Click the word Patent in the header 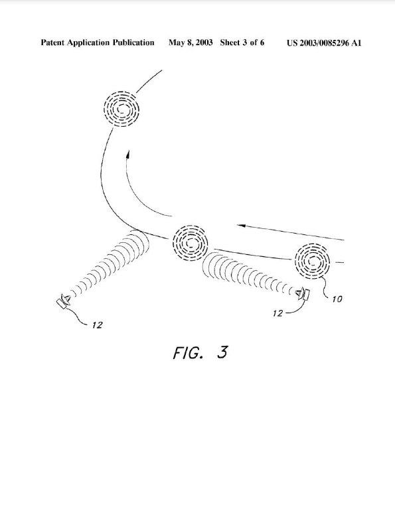click(52, 42)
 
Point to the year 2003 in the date click(204, 42)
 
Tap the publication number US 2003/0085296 click(318, 43)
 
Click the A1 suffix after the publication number click(356, 43)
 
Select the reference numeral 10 click(337, 299)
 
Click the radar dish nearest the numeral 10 click(303, 295)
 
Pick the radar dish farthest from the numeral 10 click(64, 301)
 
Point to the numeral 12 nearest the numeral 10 click(277, 313)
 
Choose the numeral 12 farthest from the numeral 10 click(97, 325)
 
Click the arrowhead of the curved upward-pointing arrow click(128, 155)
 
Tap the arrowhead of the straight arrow click(240, 225)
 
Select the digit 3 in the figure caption click(222, 352)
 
